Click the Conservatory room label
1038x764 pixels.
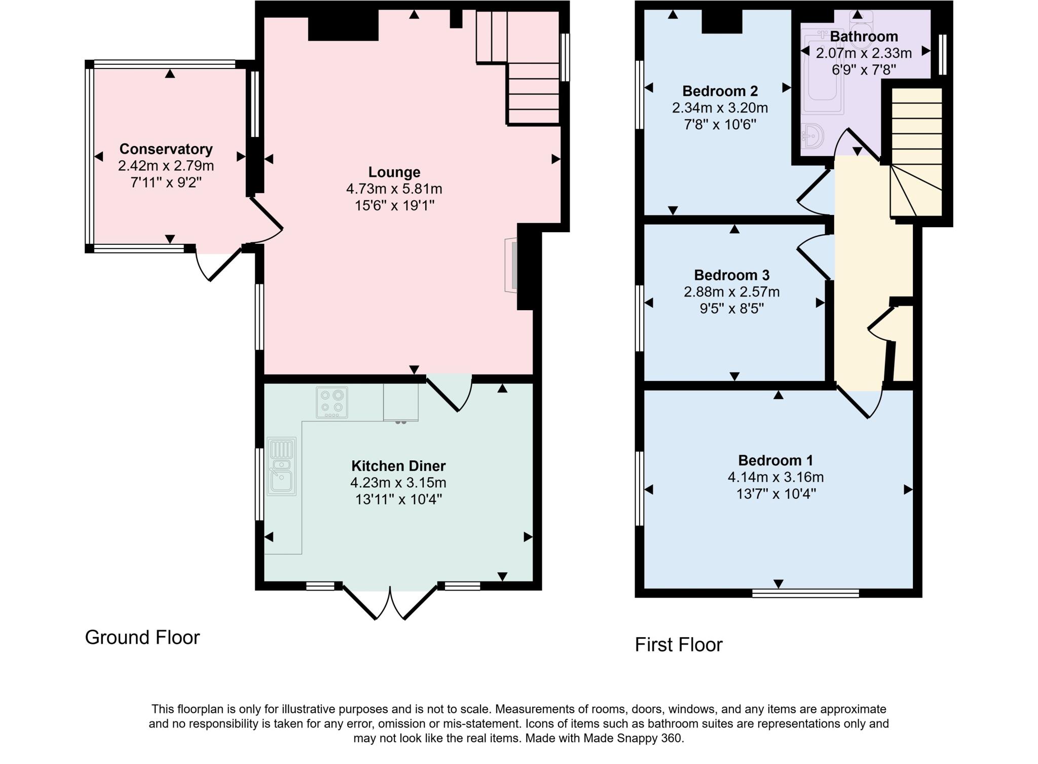166,149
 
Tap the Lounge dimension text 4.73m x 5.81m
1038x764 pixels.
394,189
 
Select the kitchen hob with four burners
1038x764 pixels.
332,403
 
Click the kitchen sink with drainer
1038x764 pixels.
281,466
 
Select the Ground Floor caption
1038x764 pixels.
142,638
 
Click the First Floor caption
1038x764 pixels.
678,645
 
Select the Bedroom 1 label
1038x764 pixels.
775,460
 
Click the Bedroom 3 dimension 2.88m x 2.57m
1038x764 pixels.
731,292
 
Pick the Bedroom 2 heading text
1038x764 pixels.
720,91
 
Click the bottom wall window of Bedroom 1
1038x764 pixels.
805,593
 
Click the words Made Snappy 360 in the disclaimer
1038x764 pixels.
633,738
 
